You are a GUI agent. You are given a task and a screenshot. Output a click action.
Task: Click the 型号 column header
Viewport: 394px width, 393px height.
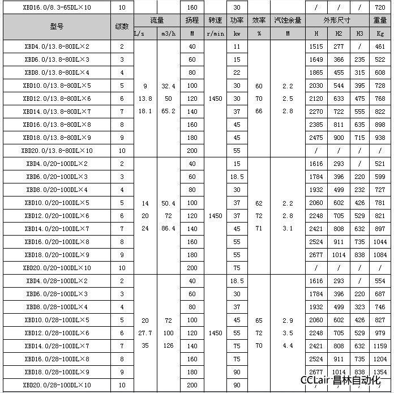(57, 27)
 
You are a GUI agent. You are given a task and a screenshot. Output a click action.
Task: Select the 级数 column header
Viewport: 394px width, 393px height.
(122, 27)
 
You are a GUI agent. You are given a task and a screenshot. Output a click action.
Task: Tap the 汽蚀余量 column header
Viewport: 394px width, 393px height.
(288, 20)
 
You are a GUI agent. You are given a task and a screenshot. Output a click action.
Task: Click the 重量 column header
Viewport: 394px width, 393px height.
(380, 20)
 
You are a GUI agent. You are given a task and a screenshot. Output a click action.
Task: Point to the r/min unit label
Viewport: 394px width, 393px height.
(215, 33)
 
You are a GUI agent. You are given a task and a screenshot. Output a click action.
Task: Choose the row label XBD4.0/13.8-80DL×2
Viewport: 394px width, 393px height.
(57, 46)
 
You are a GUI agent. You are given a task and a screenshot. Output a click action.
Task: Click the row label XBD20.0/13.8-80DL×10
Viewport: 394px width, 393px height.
(57, 151)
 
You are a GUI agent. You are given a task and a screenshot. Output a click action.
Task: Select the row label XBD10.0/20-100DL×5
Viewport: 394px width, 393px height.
(57, 203)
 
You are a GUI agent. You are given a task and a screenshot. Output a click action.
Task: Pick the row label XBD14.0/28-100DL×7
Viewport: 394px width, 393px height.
(57, 346)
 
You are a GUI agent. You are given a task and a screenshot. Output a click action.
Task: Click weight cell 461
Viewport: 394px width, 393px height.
(380, 46)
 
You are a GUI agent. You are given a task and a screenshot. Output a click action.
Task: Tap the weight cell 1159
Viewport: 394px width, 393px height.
(380, 346)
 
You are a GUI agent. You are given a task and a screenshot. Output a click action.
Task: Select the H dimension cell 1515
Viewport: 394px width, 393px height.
(317, 46)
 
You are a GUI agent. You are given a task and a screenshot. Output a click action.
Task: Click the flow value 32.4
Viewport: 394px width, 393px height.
(168, 86)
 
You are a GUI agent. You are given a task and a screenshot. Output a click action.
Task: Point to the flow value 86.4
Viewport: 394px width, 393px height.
(168, 229)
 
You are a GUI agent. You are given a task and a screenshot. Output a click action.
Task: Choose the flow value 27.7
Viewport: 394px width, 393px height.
(145, 333)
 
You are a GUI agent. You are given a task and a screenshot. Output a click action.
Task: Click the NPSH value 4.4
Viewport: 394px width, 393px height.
(288, 346)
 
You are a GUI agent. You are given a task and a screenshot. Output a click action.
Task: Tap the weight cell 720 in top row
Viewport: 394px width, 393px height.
(380, 7)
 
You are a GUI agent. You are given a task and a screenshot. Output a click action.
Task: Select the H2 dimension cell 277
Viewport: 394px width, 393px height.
(339, 46)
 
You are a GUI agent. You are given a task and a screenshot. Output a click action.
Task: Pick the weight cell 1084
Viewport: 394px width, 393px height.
(380, 255)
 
